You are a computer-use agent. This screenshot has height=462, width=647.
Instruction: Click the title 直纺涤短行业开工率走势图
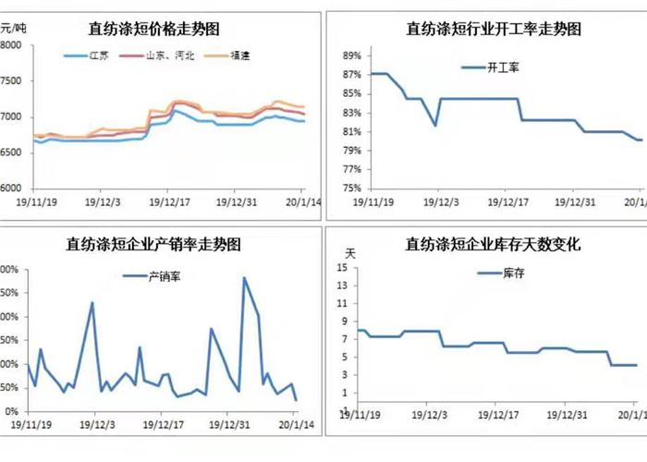tap(494, 30)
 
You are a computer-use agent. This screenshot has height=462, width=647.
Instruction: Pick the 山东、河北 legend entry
tap(166, 55)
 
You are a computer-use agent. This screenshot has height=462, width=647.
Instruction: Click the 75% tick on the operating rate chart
tap(351, 188)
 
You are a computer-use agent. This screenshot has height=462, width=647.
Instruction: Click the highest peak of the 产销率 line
tap(244, 277)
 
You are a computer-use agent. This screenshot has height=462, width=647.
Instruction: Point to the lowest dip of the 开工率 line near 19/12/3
tap(435, 125)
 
